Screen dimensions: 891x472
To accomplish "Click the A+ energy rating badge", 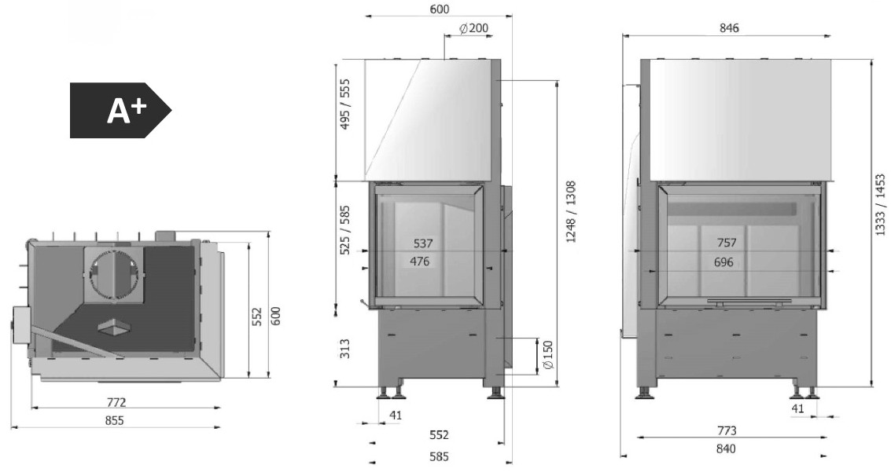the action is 120,111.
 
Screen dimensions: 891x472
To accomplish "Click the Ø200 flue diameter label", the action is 473,28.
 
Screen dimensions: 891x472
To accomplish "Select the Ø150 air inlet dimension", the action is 548,356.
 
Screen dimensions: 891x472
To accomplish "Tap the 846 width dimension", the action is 728,27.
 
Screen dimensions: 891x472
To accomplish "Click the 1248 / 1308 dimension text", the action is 571,211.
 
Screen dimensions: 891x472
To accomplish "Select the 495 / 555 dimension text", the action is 345,104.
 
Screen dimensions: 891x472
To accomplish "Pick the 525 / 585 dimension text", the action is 345,230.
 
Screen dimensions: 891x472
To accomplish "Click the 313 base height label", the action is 345,349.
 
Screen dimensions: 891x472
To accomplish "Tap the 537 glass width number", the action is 423,243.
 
